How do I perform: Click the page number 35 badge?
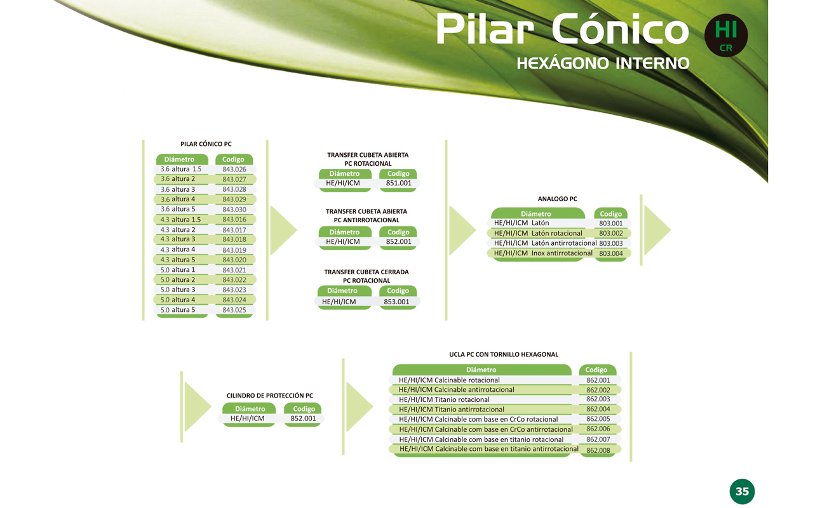click(742, 491)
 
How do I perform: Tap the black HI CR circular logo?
click(726, 35)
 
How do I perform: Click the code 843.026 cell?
click(234, 170)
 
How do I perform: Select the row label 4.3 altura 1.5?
click(180, 220)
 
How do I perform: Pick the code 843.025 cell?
click(234, 310)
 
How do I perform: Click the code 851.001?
click(398, 183)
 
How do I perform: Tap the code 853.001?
click(396, 302)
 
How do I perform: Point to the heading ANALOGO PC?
click(557, 199)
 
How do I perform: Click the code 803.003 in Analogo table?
click(611, 243)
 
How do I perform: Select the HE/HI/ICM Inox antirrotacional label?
click(543, 253)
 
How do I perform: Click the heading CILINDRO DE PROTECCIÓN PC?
click(270, 396)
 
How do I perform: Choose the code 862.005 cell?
click(598, 418)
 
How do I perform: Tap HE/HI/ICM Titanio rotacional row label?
click(444, 399)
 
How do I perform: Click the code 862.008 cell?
click(598, 450)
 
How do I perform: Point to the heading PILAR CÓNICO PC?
click(206, 144)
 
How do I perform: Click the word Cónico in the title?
click(620, 29)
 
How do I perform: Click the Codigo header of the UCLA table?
click(596, 370)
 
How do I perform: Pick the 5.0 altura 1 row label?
click(177, 270)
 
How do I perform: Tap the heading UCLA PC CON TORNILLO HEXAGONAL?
click(504, 354)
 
